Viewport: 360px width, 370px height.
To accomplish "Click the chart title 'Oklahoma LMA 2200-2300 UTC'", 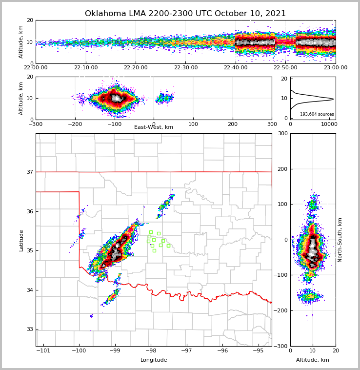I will (185, 14).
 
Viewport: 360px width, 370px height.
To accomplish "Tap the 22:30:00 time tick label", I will (185, 67).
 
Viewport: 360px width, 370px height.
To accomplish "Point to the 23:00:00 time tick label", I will (335, 67).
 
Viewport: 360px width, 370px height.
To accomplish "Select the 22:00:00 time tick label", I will (36, 67).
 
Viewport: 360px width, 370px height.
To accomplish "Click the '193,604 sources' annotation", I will (317, 114).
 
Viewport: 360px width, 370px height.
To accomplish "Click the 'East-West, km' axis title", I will (154, 127).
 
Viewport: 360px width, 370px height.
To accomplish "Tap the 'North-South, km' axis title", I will (340, 240).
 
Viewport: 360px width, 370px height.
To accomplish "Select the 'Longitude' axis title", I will (154, 360).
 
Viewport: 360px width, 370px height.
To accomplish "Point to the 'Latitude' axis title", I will (21, 240).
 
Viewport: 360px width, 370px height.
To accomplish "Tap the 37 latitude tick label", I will (29, 172).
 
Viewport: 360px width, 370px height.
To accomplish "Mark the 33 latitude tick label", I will (29, 329).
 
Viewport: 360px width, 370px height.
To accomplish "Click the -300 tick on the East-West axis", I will (36, 123).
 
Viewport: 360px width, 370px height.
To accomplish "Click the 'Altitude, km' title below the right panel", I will (312, 360).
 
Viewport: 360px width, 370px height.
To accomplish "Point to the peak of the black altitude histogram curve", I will (333, 99).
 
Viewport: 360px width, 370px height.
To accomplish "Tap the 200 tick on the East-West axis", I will (232, 123).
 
